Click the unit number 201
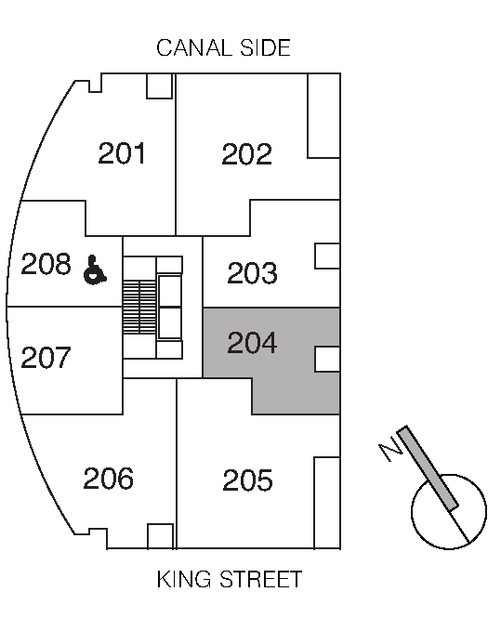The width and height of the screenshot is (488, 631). (122, 153)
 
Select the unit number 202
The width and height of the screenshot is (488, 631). (247, 154)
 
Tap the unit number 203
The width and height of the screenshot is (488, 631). (253, 273)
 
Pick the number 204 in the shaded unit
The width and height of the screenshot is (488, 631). (253, 343)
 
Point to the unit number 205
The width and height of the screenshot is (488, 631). (247, 480)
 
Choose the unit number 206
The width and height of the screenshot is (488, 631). (109, 479)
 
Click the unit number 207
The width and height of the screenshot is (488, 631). (46, 358)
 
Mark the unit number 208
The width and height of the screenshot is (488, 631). (46, 264)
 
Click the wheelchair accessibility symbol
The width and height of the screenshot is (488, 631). (95, 270)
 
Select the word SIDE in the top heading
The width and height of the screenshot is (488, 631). (265, 47)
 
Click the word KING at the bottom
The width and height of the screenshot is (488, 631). (184, 579)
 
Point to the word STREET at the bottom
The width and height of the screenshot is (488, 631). (260, 579)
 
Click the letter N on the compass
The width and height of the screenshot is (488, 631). (390, 452)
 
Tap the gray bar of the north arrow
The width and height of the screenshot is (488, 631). (428, 468)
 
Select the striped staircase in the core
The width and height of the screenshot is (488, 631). (139, 308)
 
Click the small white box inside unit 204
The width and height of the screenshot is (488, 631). (327, 360)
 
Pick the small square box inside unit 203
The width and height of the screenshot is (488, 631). (327, 256)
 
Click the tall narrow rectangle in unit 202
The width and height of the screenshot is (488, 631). (323, 115)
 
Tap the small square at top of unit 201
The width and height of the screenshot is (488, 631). (160, 85)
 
